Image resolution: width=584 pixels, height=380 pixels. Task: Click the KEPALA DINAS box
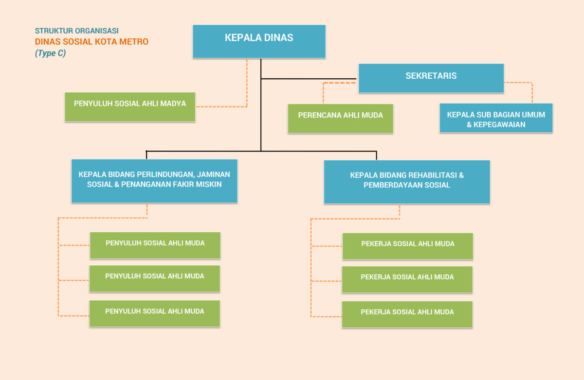pos(259,41)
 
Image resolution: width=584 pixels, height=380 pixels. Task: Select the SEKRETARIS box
pos(431,78)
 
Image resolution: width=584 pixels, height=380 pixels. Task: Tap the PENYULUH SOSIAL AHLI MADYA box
pos(130,106)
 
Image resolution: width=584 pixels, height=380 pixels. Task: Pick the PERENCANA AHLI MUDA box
pos(340,118)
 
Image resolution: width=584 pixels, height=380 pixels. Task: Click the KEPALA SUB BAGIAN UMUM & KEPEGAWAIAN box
pos(496,118)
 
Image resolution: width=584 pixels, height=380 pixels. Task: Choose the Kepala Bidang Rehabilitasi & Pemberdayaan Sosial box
pos(407,182)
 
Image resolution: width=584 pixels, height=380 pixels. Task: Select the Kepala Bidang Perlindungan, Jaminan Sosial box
pos(154,181)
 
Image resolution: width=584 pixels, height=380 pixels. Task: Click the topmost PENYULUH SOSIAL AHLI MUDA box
pos(155,245)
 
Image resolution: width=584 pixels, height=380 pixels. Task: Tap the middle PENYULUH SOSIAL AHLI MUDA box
pos(154,278)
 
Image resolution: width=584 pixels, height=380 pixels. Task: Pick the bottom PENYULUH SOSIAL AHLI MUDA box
pos(154,313)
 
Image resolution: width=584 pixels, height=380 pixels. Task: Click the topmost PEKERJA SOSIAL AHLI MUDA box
pos(407,246)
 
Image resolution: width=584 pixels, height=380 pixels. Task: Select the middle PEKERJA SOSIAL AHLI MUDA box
pos(407,279)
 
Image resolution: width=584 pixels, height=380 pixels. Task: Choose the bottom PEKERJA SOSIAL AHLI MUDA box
pos(407,314)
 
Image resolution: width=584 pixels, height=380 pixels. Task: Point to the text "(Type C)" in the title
pos(50,53)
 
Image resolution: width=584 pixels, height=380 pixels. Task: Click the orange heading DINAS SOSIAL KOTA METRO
pos(91,42)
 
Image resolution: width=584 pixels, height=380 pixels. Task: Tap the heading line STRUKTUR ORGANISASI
pos(76,31)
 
